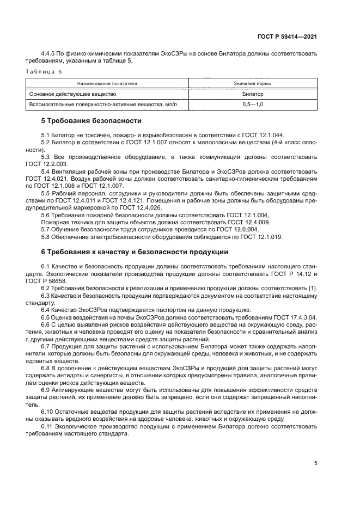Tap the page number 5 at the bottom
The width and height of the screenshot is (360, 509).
pyautogui.click(x=315, y=463)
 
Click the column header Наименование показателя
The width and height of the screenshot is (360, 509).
pyautogui.click(x=107, y=84)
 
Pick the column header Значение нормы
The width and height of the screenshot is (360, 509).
pyautogui.click(x=253, y=84)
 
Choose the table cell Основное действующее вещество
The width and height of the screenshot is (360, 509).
pyautogui.click(x=66, y=94)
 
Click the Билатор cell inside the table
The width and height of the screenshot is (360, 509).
pyautogui.click(x=253, y=94)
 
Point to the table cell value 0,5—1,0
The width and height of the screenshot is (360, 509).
pyautogui.click(x=253, y=103)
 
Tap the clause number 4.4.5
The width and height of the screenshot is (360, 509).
pyautogui.click(x=49, y=54)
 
